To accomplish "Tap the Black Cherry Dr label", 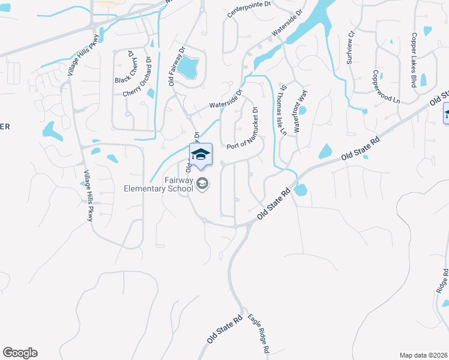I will click(124, 67).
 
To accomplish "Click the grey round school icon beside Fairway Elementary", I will click(203, 184).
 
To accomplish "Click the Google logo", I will click(20, 353).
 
